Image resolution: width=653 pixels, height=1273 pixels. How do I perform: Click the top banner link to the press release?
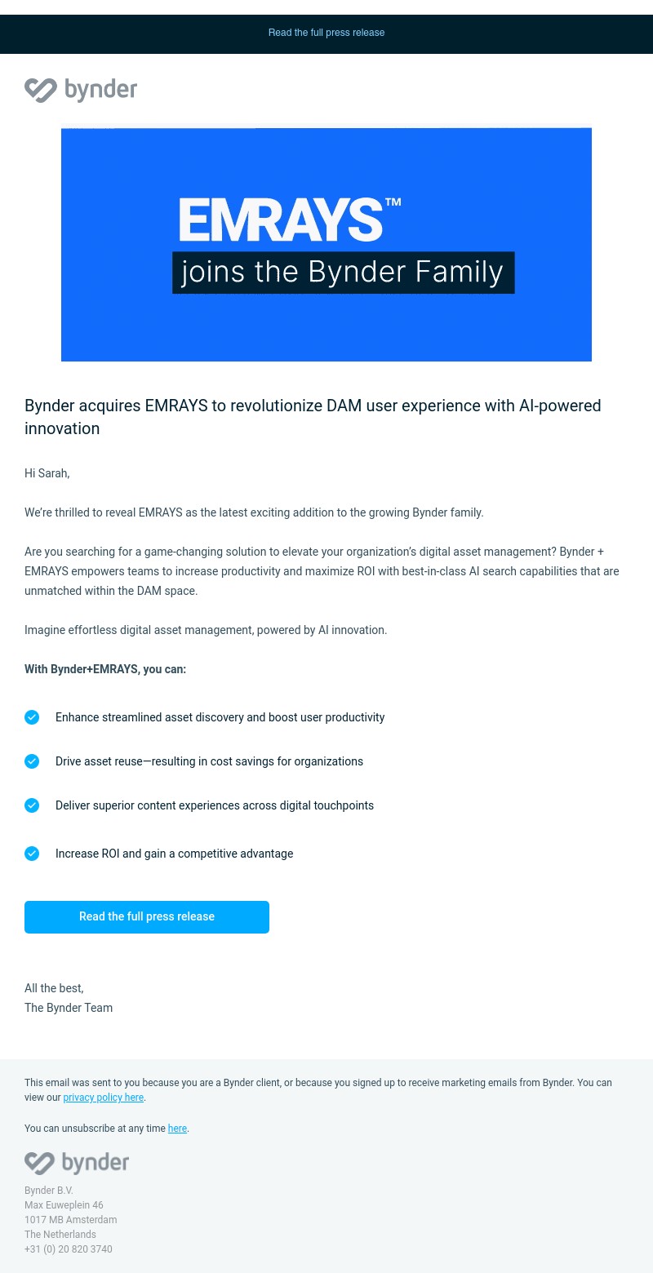coord(326,33)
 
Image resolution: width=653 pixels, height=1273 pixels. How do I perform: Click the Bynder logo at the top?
coord(81,90)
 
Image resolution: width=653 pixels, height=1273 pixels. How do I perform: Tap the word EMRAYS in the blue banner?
coord(281,220)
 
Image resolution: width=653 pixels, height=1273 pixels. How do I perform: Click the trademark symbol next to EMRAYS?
coord(393,202)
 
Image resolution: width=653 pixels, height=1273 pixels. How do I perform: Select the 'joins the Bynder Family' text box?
coord(343,272)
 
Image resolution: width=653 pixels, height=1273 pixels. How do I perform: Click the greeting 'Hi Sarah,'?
coord(47,473)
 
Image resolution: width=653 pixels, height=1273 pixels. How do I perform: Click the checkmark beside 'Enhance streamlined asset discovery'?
coord(32,717)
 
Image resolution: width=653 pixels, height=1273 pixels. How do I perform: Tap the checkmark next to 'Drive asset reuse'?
coord(32,761)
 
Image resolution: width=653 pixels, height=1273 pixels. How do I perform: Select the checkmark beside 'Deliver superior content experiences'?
coord(32,805)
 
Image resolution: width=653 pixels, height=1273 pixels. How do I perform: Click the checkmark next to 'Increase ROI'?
coord(32,854)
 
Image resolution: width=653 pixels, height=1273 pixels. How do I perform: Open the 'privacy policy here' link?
coord(104,1098)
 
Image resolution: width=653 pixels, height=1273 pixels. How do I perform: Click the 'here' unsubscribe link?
coord(177,1129)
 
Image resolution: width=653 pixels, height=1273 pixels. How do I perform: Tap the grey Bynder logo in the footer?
coord(77,1163)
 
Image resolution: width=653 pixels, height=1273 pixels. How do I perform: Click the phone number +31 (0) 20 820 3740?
coord(69,1249)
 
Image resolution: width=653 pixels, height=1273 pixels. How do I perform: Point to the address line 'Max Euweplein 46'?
coord(64,1205)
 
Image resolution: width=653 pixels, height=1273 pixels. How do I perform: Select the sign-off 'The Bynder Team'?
coord(69,1008)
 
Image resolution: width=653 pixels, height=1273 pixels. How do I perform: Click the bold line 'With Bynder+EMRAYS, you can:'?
coord(105,669)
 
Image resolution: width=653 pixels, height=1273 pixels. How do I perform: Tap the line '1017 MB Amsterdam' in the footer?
coord(70,1220)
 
